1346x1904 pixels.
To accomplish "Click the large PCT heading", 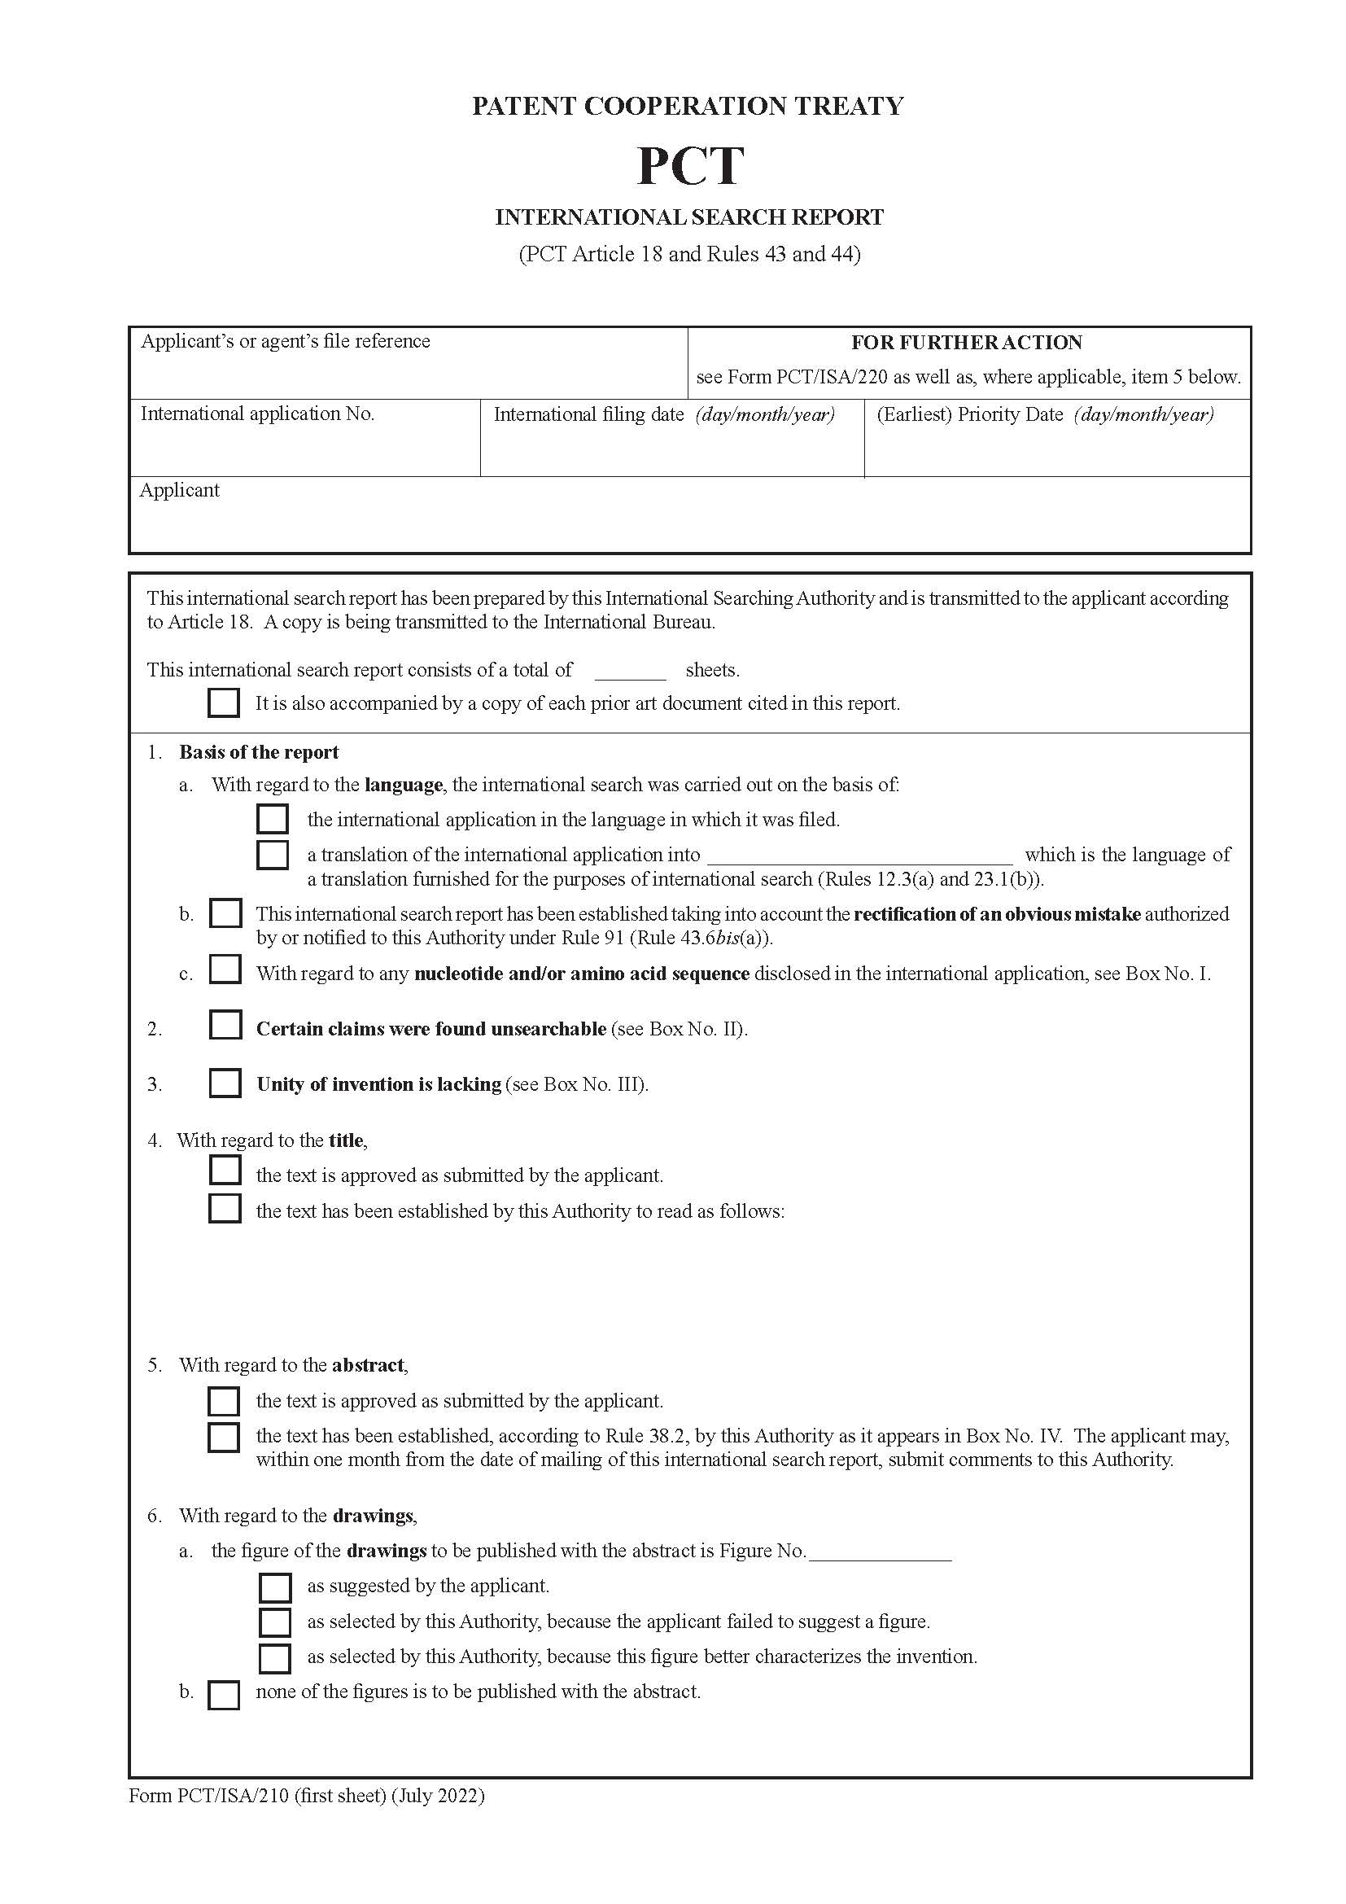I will coord(689,166).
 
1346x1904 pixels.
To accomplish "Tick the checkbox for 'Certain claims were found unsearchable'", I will coord(225,1025).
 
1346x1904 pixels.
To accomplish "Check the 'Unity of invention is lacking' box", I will coord(225,1082).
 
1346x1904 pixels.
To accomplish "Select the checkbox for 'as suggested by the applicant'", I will coord(275,1587).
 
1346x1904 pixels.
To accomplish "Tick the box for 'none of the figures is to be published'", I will coord(224,1694).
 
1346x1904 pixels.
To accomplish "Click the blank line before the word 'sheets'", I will coord(630,676).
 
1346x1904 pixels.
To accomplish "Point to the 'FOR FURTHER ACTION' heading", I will coord(967,343).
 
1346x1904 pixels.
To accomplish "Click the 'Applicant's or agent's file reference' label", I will coord(285,342).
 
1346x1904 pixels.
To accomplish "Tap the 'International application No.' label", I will coord(258,414).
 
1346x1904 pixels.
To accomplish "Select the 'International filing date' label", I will coord(588,414).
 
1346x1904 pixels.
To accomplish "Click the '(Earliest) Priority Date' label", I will coord(969,414).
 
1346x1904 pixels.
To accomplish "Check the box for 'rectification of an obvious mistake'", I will coord(225,913).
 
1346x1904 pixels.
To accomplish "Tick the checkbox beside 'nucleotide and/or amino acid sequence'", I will coord(225,970).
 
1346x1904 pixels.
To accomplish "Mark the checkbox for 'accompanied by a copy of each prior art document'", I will coord(224,703).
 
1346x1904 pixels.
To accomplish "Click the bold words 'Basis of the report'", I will coord(259,752).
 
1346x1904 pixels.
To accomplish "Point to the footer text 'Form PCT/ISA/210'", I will coord(209,1796).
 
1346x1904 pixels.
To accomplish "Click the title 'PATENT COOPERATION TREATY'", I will coord(687,106).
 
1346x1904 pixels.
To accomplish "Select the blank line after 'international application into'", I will coord(859,860).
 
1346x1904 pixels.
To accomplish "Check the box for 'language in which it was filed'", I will coord(273,818).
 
